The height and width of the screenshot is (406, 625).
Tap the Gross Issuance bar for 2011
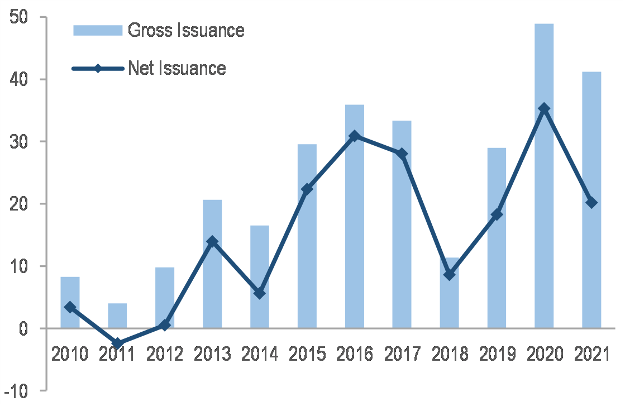tap(117, 316)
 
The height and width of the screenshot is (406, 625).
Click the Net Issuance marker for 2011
tap(117, 343)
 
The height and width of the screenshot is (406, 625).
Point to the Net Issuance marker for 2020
tap(544, 109)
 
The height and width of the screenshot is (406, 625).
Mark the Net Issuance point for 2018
tap(449, 275)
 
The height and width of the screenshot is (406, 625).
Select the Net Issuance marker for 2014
tap(259, 293)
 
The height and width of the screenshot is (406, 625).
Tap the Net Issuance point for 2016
tap(354, 136)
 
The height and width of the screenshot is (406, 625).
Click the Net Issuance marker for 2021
tap(591, 203)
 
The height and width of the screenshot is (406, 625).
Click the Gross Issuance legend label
tap(186, 30)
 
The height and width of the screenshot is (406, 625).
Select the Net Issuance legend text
tap(177, 68)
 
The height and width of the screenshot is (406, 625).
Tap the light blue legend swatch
tap(97, 30)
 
